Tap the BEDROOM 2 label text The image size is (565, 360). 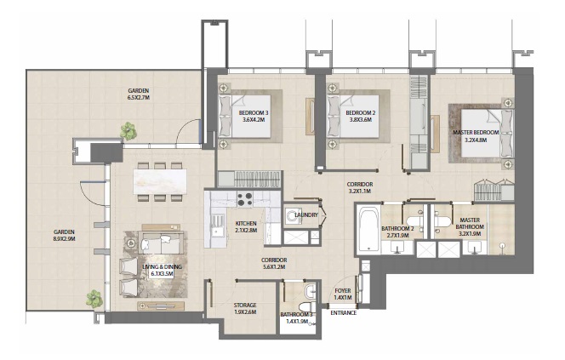[x=361, y=112]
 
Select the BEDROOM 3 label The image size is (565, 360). [x=254, y=112]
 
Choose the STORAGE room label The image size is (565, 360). [x=245, y=305]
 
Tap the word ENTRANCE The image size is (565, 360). [x=344, y=312]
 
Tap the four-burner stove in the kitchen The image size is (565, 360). [x=247, y=199]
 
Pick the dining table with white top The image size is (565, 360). [x=159, y=180]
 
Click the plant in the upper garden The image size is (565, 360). [x=128, y=131]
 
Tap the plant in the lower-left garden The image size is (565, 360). [x=93, y=298]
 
